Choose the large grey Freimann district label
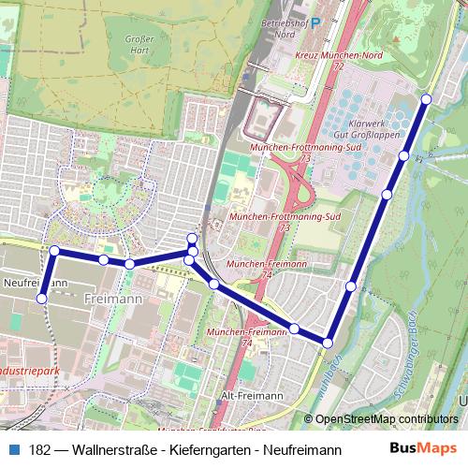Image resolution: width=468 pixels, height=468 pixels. (x=113, y=299)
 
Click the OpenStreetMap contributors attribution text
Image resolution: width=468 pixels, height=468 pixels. (x=387, y=419)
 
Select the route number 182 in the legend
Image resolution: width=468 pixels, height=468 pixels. (x=40, y=449)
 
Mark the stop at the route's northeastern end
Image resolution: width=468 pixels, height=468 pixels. (x=426, y=99)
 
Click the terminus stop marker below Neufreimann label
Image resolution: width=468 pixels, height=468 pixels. (x=41, y=299)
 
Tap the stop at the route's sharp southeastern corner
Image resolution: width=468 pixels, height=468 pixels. (x=327, y=344)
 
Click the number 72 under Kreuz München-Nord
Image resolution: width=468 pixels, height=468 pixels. (x=337, y=68)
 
